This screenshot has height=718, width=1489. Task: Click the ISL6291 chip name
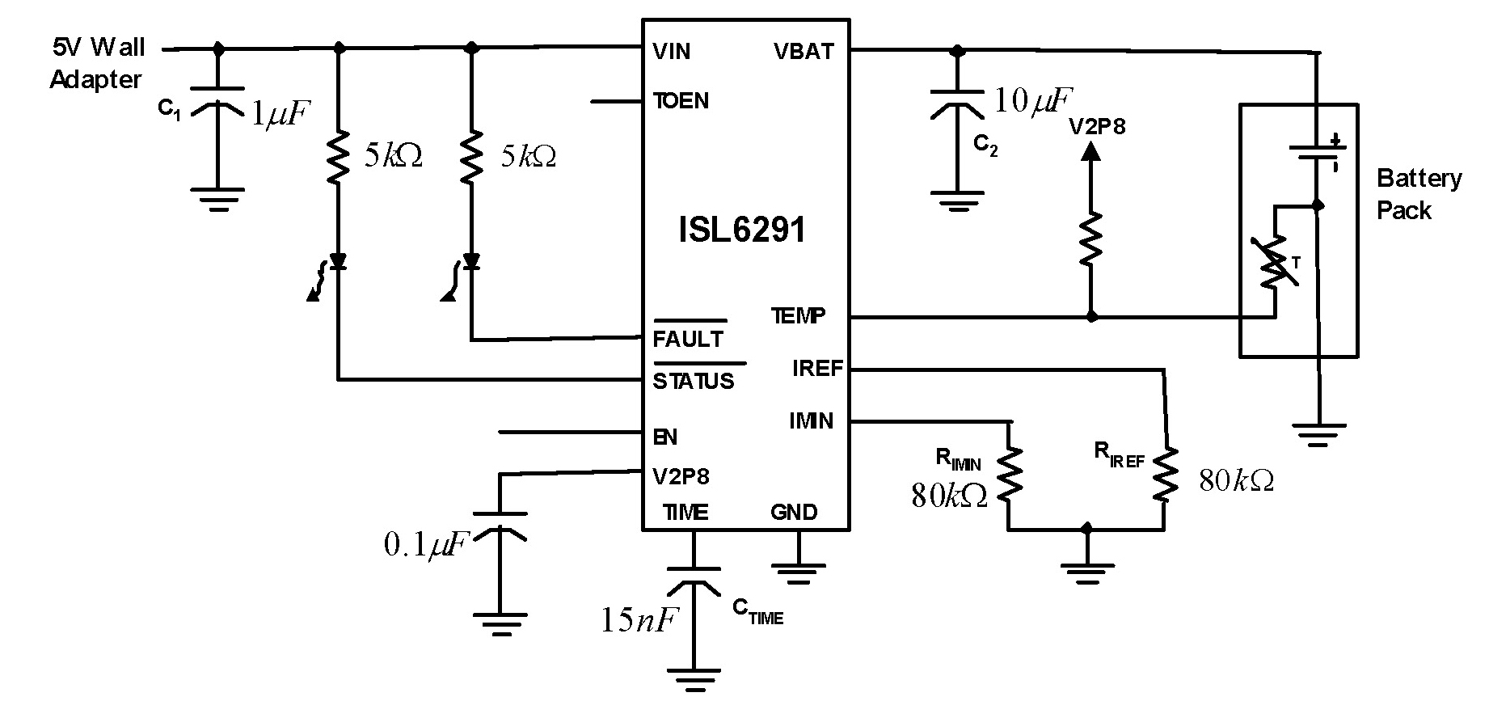[742, 230]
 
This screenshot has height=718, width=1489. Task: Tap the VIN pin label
[672, 52]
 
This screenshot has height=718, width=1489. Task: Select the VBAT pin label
[803, 52]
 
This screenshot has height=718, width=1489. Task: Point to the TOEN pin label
[681, 101]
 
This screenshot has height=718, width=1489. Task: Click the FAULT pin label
[689, 339]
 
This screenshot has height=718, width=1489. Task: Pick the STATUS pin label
[694, 381]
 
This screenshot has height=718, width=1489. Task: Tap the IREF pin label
[818, 369]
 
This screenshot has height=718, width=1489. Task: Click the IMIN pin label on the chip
[812, 421]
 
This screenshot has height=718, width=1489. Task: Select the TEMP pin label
[799, 315]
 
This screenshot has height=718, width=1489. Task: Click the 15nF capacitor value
[638, 619]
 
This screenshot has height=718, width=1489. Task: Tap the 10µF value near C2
[1032, 101]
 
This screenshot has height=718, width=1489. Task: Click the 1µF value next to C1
[281, 114]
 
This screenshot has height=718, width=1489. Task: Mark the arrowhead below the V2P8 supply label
[1091, 150]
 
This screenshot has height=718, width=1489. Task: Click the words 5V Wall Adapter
[97, 63]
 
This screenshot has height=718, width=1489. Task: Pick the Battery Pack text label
[1419, 194]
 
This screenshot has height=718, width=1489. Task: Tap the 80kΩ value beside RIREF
[1237, 481]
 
